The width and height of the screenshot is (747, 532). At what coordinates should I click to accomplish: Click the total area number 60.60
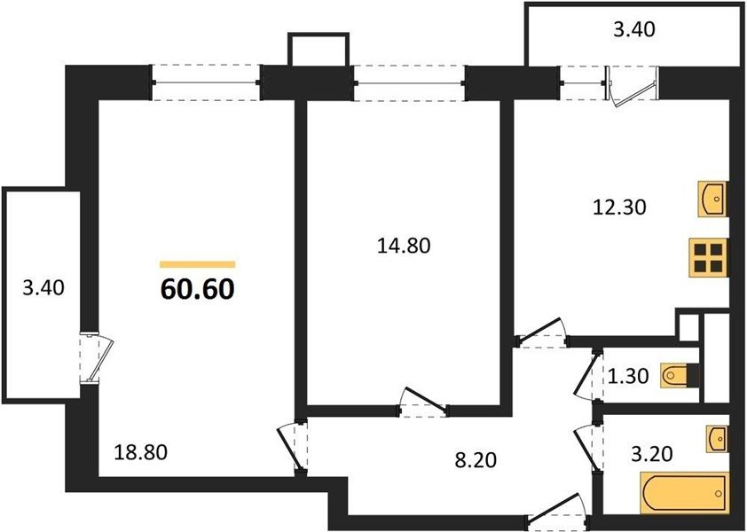[x=198, y=289]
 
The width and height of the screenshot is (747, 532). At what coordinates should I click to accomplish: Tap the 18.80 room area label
[x=141, y=452]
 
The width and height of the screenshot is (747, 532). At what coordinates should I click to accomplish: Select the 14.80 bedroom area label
[x=404, y=246]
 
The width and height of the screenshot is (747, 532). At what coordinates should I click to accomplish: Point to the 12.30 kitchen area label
[x=619, y=207]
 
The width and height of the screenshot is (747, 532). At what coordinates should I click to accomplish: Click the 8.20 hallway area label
[x=476, y=460]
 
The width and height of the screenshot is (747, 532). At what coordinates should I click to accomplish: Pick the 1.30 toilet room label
[x=628, y=376]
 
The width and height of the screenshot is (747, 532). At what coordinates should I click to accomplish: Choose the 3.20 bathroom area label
[x=652, y=454]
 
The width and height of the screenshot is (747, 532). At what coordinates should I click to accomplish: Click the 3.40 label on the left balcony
[x=43, y=287]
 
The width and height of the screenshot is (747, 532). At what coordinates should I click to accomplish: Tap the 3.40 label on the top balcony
[x=634, y=29]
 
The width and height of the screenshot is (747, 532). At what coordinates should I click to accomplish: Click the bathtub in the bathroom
[x=685, y=492]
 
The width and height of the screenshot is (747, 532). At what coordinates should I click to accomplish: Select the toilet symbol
[x=680, y=375]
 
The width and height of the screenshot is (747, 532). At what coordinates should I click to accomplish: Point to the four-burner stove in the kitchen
[x=709, y=257]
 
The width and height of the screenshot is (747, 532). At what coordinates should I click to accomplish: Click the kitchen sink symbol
[x=713, y=199]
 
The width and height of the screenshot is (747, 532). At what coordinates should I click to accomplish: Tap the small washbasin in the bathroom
[x=718, y=437]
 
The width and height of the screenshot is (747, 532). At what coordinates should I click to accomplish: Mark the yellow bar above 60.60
[x=198, y=264]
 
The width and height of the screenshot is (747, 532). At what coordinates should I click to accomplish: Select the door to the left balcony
[x=96, y=357]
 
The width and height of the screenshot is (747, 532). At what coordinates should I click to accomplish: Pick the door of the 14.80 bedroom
[x=423, y=403]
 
